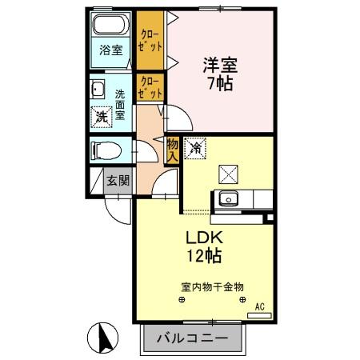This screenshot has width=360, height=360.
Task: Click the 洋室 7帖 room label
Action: [218, 74]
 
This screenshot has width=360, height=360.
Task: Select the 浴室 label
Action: [111, 50]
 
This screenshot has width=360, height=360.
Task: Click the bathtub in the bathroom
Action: [110, 22]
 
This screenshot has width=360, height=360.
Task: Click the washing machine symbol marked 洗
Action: [102, 116]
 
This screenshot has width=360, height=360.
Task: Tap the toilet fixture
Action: [105, 150]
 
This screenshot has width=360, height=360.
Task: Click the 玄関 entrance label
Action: [118, 180]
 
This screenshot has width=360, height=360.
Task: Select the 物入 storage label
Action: [172, 150]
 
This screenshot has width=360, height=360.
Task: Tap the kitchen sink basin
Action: [228, 198]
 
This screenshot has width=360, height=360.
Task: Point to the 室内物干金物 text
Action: [211, 286]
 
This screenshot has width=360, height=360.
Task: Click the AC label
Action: [259, 306]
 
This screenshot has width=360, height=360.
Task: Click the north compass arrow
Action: [102, 336]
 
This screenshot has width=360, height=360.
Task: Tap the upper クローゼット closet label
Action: [149, 40]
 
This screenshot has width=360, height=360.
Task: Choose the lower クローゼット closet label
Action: [149, 87]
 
